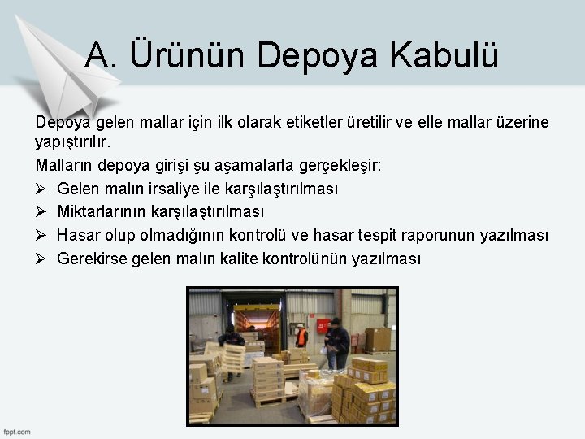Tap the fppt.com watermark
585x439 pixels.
coord(17,431)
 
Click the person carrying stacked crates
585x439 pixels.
coord(231,350)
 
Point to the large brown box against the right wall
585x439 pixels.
coord(378,339)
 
